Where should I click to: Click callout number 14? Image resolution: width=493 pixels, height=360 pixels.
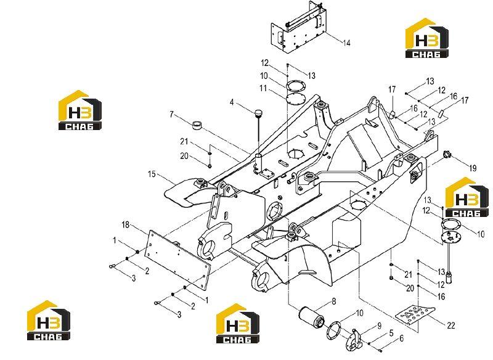(x=346, y=43)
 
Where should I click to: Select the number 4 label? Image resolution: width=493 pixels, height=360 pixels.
(x=232, y=102)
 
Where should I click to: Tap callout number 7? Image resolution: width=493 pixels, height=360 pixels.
(x=171, y=114)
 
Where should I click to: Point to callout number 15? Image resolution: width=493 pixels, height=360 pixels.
(x=152, y=174)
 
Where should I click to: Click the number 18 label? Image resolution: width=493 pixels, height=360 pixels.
(x=126, y=224)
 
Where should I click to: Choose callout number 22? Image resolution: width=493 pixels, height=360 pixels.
(x=451, y=325)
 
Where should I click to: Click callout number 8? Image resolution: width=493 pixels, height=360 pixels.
(x=333, y=301)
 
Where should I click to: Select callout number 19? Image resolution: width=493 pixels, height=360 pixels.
(x=473, y=168)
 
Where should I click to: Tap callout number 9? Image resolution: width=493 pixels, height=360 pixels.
(x=379, y=325)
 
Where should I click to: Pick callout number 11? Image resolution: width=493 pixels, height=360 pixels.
(x=263, y=88)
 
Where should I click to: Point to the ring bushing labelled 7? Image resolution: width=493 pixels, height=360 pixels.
(x=197, y=125)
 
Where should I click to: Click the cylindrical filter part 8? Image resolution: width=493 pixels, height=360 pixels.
(x=311, y=318)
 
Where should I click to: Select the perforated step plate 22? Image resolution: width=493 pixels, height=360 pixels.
(x=415, y=316)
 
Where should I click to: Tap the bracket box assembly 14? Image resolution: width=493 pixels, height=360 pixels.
(x=298, y=27)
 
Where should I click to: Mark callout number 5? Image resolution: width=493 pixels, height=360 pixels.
(x=391, y=333)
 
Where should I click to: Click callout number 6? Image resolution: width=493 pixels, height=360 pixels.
(x=401, y=338)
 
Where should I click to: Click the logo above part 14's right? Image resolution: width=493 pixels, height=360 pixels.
(x=426, y=38)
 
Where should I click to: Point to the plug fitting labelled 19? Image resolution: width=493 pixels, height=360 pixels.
(x=447, y=154)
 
